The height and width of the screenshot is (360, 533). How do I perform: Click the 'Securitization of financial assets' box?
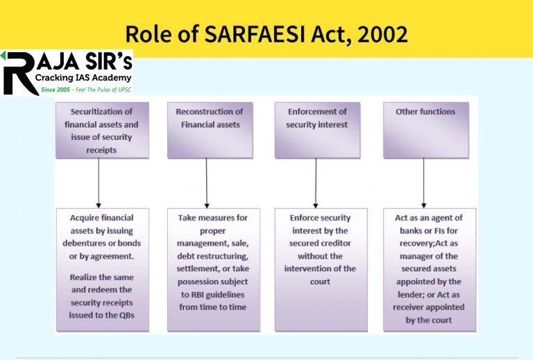coord(97,130)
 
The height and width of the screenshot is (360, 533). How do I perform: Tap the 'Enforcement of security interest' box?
coord(316,130)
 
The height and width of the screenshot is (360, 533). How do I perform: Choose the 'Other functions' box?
coord(425,130)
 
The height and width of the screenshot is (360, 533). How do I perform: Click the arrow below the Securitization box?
coord(98,182)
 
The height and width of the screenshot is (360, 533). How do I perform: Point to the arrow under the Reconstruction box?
coord(207,182)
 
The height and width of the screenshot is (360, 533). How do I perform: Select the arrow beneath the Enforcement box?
coord(316,182)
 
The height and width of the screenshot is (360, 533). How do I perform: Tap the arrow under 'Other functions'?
coord(424,182)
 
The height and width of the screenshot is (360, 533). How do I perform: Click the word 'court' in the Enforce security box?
coord(320,281)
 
